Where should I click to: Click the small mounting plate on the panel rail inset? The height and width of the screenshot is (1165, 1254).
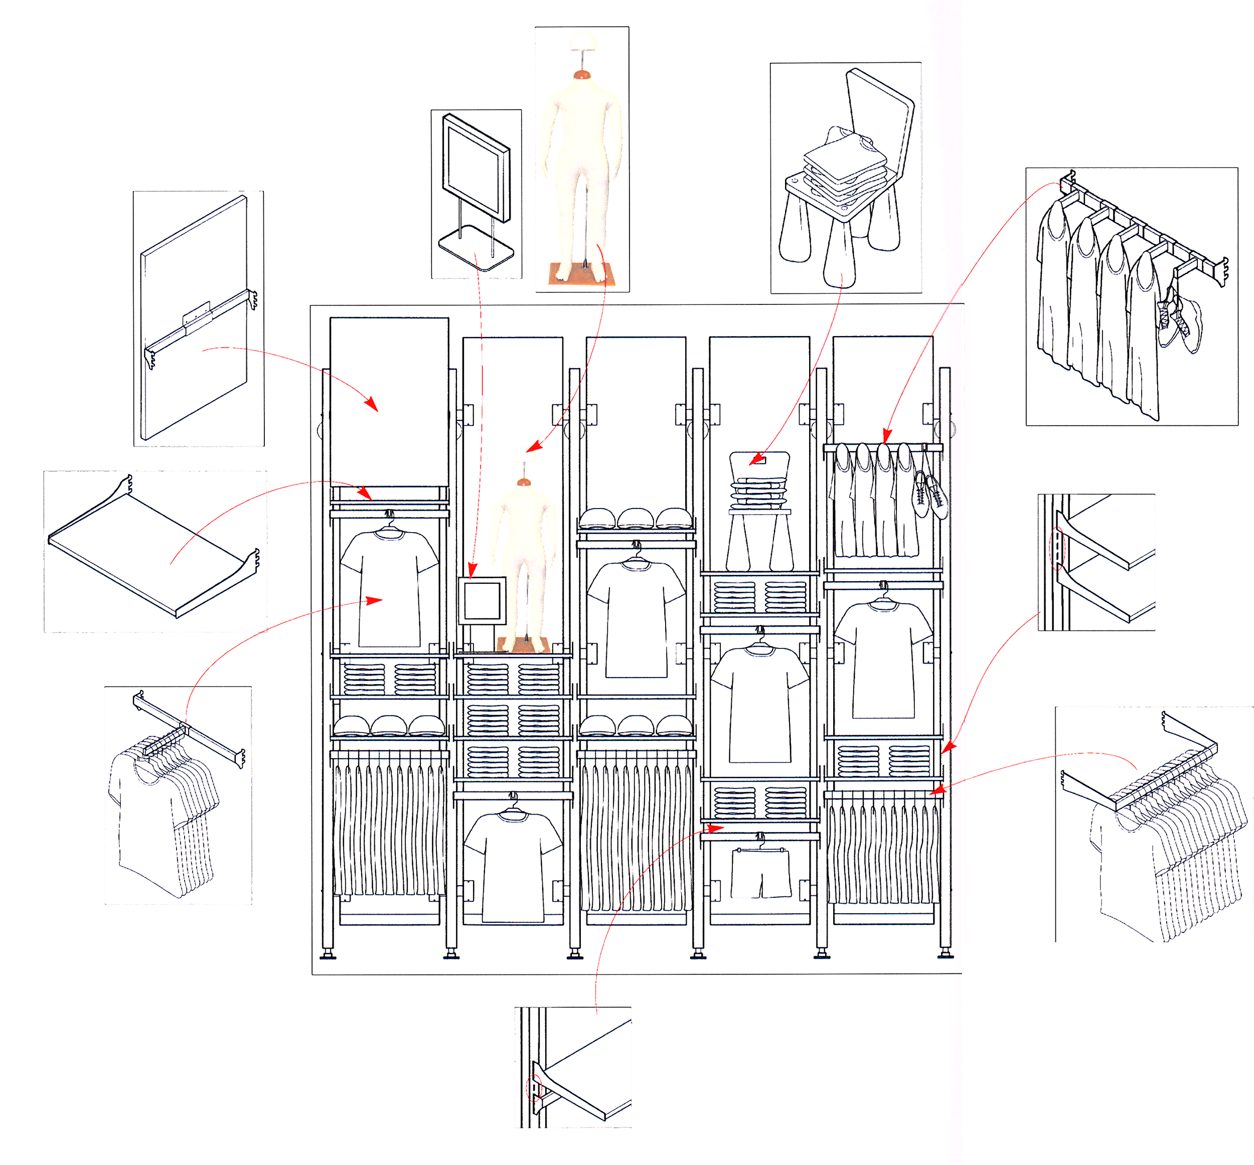coord(196,314)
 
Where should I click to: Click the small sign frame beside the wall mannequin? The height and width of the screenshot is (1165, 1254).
coord(482,600)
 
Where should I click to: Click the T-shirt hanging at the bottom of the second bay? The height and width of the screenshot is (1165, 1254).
coord(512,866)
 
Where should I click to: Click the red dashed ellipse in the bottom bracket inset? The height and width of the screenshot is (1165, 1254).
coord(533,1087)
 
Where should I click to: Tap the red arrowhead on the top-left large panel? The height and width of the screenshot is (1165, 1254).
coord(372,404)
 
